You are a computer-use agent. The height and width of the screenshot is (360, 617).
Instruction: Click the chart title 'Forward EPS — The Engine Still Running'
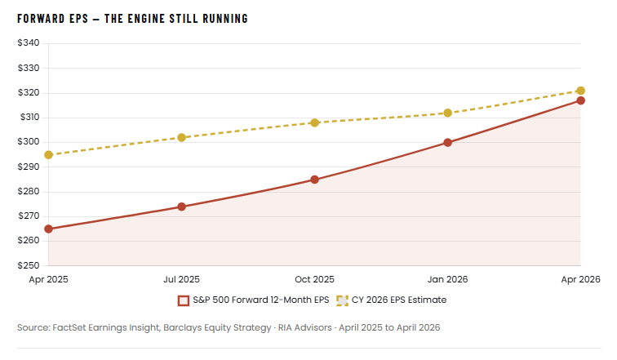pos(132,18)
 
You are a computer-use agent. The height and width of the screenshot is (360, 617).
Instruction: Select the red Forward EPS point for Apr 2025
pos(49,229)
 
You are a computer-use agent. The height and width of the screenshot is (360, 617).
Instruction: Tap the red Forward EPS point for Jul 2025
pos(182,207)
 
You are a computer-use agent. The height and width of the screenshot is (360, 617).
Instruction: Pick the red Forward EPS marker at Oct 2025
pos(315,180)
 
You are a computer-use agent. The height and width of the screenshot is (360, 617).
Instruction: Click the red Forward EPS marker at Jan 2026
pos(448,142)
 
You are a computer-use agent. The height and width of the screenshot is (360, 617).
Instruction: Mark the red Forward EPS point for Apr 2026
pos(580,100)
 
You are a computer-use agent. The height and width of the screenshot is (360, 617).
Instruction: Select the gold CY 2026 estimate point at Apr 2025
pos(49,154)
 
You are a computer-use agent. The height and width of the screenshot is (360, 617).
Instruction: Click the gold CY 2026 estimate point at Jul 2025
pos(182,137)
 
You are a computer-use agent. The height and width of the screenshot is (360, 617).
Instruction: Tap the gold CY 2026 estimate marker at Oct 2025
pos(315,122)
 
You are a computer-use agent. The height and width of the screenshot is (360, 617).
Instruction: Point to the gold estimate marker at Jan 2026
pos(448,113)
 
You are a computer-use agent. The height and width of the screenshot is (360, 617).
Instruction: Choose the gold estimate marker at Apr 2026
pos(580,91)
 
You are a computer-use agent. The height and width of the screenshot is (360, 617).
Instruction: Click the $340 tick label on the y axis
pos(29,43)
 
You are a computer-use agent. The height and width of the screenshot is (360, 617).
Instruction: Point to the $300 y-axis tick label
pos(29,142)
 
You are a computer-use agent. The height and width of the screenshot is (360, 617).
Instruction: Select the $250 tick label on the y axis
pos(29,266)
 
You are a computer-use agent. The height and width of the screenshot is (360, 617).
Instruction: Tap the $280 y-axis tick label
pos(29,192)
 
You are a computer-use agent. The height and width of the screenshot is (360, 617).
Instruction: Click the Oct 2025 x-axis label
pos(315,279)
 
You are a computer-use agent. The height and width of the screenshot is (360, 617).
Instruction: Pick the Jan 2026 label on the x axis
pos(448,279)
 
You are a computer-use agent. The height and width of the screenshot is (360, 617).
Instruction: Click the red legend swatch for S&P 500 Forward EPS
pos(184,300)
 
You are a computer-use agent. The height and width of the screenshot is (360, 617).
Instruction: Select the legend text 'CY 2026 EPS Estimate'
pos(399,300)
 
